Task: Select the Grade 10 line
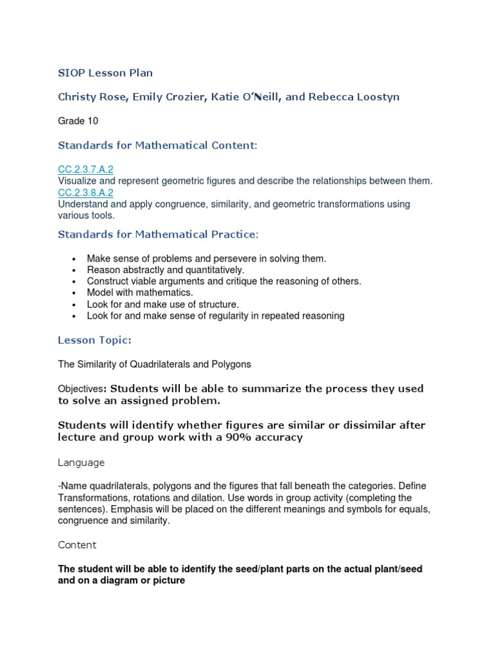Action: [x=78, y=121]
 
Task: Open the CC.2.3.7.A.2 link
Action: [x=85, y=170]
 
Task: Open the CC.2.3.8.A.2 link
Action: [x=85, y=193]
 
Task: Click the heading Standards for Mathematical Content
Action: [x=157, y=145]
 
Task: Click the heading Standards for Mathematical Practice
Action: [x=157, y=234]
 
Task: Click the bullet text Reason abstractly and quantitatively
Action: [x=166, y=270]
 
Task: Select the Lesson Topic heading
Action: [x=94, y=340]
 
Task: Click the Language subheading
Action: [x=82, y=463]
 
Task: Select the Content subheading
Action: [x=77, y=545]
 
